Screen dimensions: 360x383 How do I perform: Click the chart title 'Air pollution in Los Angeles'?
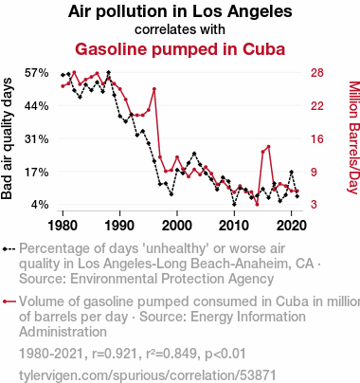click(x=180, y=12)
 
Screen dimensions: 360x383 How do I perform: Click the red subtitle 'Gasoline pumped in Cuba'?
click(x=180, y=49)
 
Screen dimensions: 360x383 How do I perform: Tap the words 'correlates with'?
click(x=180, y=29)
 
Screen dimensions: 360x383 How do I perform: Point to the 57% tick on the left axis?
click(x=37, y=73)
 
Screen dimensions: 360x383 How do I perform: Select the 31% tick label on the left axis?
click(x=37, y=138)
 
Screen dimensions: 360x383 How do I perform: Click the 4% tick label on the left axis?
click(x=40, y=205)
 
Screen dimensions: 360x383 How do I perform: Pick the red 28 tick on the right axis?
click(x=317, y=73)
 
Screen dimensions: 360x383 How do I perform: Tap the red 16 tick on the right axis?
click(x=317, y=138)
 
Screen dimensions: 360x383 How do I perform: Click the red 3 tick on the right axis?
click(x=314, y=205)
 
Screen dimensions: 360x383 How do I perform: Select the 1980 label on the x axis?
click(x=63, y=226)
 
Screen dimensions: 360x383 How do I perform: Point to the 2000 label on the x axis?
click(x=177, y=226)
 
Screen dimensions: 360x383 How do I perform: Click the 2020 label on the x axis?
click(x=291, y=226)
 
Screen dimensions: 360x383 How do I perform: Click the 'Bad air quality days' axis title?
click(x=7, y=138)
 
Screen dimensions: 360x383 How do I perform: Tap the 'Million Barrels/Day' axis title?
click(x=354, y=137)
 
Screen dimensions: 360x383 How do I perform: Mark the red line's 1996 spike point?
click(x=154, y=89)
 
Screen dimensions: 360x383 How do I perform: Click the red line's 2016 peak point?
click(x=268, y=147)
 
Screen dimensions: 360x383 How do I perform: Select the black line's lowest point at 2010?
click(x=234, y=205)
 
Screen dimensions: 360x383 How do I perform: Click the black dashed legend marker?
click(x=9, y=249)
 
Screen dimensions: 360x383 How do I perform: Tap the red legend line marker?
click(x=9, y=301)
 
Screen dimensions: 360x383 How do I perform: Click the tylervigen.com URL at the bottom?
click(x=148, y=375)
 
